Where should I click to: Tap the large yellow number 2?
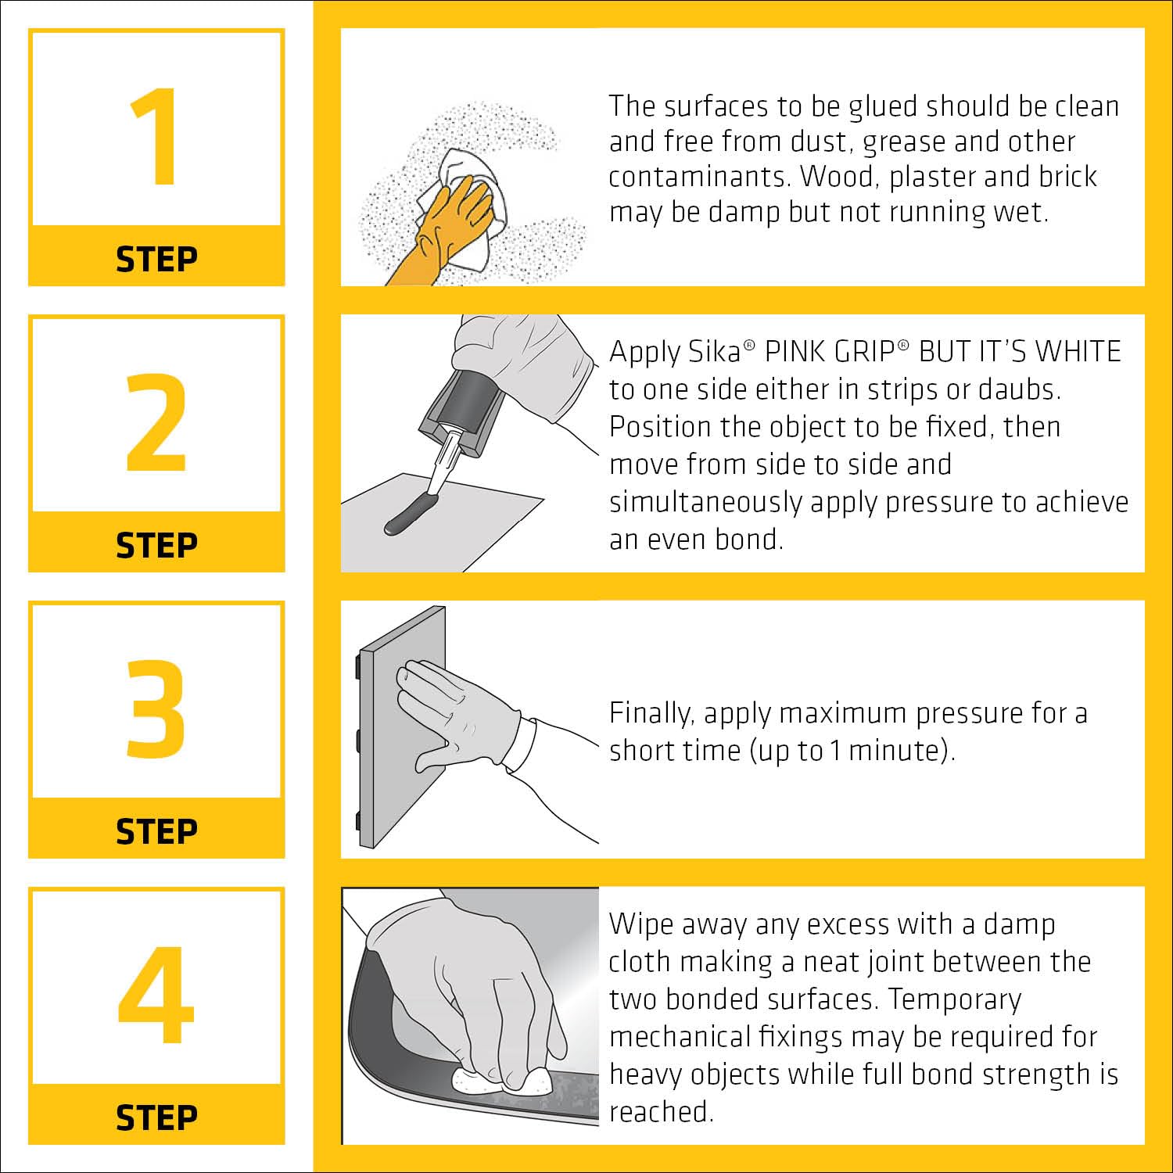pos(156,423)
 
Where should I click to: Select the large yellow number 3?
pos(156,709)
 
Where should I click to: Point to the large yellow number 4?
pos(156,995)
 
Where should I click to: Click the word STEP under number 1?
pos(156,259)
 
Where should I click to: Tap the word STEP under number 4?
pos(156,1117)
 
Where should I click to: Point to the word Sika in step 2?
pos(714,352)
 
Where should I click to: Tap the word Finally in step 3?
pos(651,714)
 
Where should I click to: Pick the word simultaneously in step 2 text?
pos(705,503)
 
